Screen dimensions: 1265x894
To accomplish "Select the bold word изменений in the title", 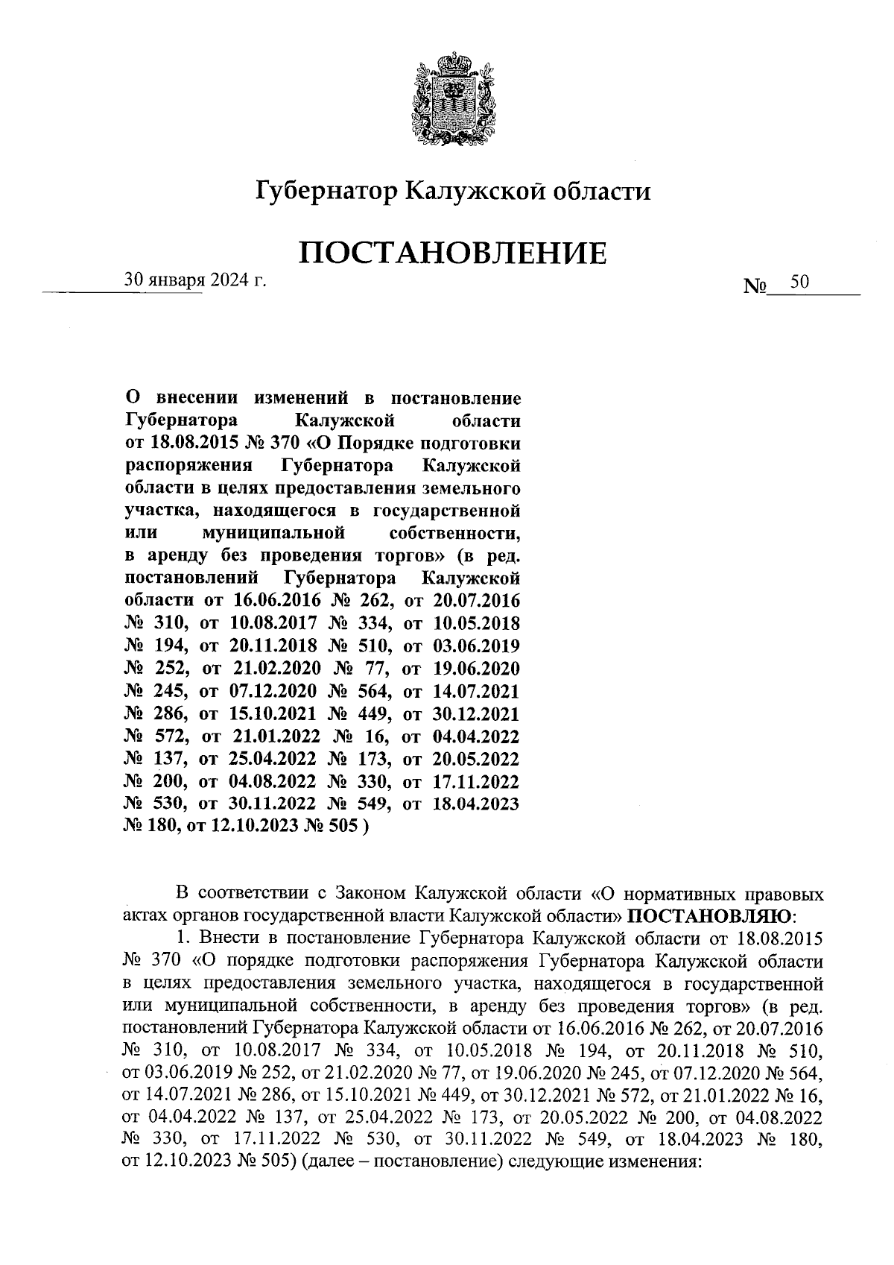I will click(x=298, y=397).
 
